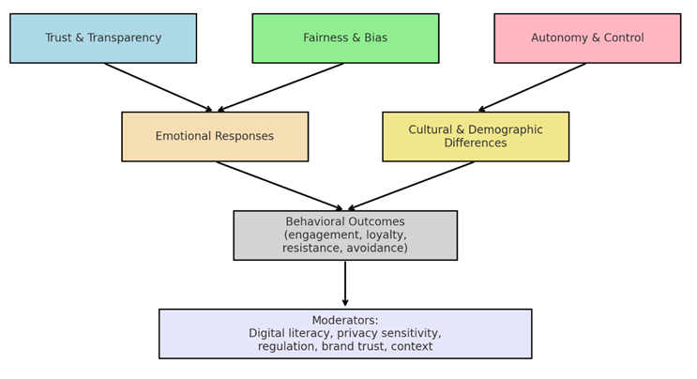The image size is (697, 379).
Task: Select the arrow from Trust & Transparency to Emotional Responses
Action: [159, 87]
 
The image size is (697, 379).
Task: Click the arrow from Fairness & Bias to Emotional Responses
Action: [281, 87]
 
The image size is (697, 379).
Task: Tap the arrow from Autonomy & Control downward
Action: [533, 87]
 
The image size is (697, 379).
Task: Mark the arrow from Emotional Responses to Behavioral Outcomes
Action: [280, 186]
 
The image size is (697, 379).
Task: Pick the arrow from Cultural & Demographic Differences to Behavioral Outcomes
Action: [411, 186]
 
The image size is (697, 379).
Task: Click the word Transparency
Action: [124, 38]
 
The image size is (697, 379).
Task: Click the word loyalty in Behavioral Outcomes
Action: [384, 235]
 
